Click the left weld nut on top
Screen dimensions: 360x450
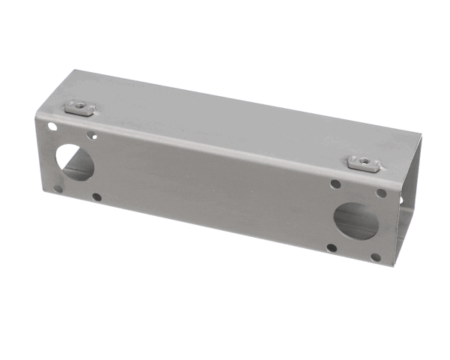[78, 109]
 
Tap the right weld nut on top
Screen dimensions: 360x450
[361, 162]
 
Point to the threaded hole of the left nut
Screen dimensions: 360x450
[78, 108]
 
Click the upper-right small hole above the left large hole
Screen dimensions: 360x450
[91, 136]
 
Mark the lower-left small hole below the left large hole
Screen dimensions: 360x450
[57, 188]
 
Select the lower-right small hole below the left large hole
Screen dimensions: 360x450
[97, 197]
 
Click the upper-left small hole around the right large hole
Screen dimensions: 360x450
[335, 184]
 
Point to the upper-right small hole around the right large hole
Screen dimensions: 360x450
[381, 193]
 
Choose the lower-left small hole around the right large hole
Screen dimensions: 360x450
[331, 247]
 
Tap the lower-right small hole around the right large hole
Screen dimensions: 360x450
[375, 257]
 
